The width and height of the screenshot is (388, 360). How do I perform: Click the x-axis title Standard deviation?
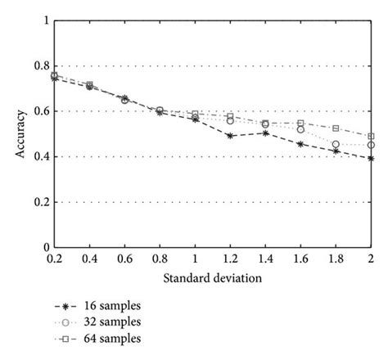[213, 278]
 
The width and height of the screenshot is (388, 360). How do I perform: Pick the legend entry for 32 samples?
[105, 322]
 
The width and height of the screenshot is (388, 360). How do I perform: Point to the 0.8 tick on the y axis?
[38, 66]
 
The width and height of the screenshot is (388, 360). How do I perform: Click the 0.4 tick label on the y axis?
[38, 157]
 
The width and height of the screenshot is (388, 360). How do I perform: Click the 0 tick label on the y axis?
[43, 247]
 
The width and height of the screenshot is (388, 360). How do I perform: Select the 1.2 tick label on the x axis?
[230, 259]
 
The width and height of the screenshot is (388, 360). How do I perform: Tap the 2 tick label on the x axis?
[372, 259]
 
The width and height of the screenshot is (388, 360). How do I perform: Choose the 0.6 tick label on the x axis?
[124, 259]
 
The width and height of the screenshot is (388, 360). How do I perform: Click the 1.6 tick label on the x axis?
[300, 259]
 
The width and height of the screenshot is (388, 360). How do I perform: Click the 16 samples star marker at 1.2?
[230, 136]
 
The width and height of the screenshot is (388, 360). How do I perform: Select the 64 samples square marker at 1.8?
[336, 128]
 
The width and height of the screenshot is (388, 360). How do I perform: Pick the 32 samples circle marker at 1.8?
[336, 144]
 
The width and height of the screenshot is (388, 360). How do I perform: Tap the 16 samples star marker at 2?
[372, 158]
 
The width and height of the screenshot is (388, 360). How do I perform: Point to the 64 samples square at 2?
[372, 137]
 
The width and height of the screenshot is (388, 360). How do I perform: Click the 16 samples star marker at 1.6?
[300, 144]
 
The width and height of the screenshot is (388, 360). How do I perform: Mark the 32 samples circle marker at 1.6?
[300, 129]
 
